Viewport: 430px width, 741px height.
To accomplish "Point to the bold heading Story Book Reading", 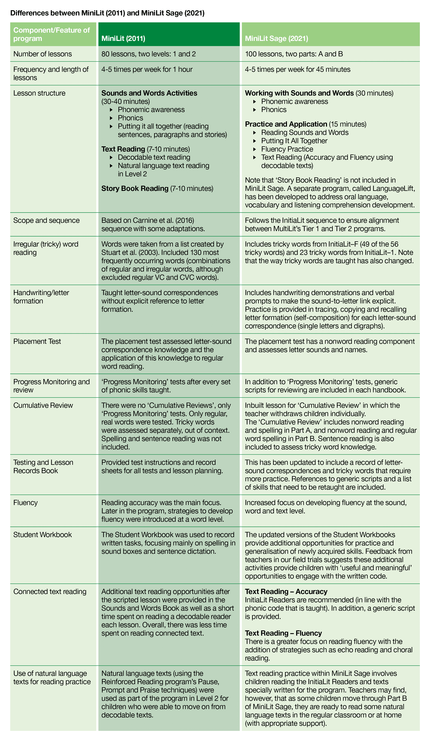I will click(135, 188).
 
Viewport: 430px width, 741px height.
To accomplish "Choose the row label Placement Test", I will click(37, 341).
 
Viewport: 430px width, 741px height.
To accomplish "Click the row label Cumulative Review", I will click(43, 406).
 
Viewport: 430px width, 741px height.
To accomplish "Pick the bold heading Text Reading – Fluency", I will click(283, 633).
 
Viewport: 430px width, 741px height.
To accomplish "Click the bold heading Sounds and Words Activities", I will click(149, 93).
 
